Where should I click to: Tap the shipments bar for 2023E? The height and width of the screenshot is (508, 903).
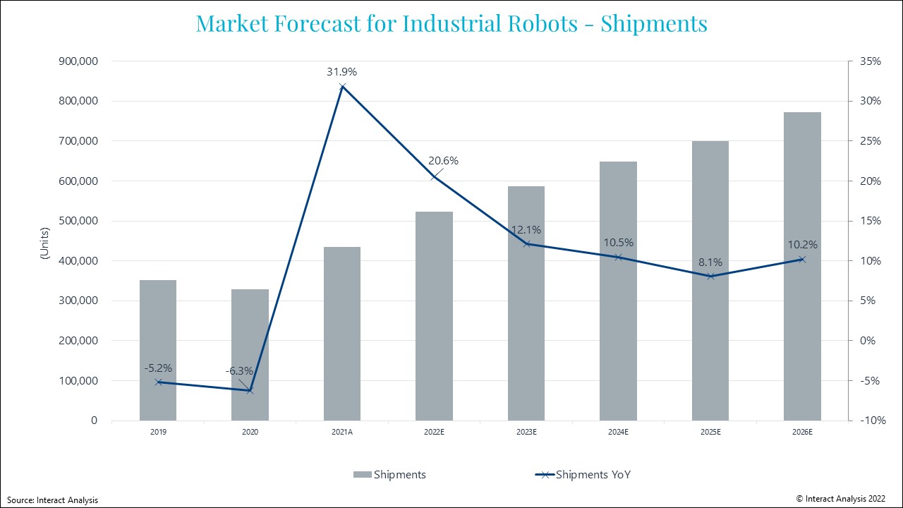click(526, 303)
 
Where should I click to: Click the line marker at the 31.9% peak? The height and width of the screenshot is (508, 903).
click(342, 87)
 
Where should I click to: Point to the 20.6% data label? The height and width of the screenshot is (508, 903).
click(443, 161)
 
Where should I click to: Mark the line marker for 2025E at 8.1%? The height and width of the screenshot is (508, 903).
click(710, 276)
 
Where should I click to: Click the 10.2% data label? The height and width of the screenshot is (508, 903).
click(803, 246)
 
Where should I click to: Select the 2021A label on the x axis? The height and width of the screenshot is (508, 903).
click(342, 431)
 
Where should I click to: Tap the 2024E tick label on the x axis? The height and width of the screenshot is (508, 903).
click(618, 431)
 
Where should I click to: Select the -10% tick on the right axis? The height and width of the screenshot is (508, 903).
click(869, 421)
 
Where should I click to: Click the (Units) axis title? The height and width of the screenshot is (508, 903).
click(44, 243)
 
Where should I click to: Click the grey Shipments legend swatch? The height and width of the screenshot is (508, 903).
click(362, 475)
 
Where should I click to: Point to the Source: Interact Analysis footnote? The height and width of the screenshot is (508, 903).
click(53, 500)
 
